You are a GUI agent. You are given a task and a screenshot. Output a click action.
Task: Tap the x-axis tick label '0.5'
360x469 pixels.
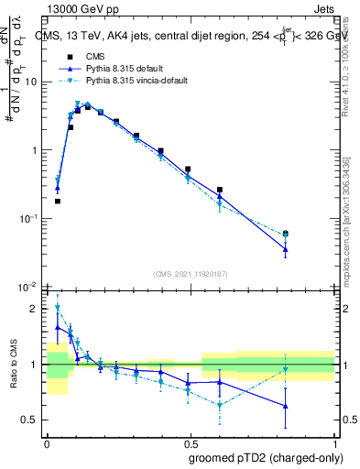pos(190,442)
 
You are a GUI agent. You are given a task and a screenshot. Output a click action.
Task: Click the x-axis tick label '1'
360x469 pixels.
pos(333,442)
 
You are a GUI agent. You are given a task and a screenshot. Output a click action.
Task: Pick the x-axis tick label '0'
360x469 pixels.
pos(47,442)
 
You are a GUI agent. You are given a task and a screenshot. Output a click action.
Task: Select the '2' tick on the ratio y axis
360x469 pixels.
pos(35,309)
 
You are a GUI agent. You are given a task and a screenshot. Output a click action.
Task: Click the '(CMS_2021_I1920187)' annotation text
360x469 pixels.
pos(190,274)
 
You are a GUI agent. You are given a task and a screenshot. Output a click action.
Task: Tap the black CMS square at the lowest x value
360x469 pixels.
pos(57,201)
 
